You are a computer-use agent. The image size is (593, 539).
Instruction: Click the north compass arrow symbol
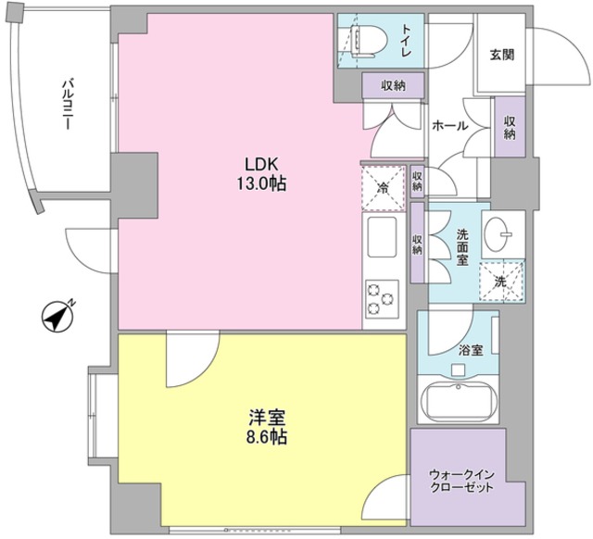(58, 317)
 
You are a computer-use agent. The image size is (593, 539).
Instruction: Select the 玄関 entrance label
(502, 54)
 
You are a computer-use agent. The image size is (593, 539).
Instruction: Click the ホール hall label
(449, 126)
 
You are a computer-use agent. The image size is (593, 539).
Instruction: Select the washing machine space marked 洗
(500, 281)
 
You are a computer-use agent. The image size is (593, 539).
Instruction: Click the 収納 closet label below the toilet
(392, 86)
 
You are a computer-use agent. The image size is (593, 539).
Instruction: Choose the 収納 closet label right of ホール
(510, 125)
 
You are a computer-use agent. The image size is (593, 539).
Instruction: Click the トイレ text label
(406, 37)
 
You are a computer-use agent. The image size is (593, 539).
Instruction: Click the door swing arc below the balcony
(89, 243)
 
